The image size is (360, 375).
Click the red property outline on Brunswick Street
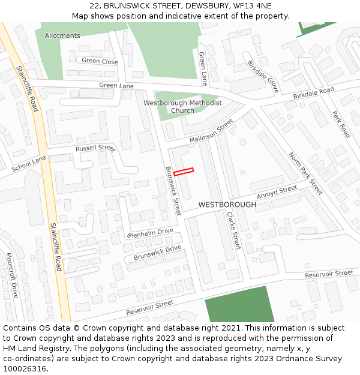tap(184, 172)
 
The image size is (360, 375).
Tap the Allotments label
tap(62, 36)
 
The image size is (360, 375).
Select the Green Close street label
tap(100, 61)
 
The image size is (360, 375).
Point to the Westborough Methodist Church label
tap(182, 107)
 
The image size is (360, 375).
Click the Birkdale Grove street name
tap(263, 76)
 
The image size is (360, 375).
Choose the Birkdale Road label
tap(313, 93)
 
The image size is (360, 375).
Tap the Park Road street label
tap(341, 124)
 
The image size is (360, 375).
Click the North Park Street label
tap(305, 173)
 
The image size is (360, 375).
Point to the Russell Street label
tap(95, 148)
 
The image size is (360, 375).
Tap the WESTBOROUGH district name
tap(227, 205)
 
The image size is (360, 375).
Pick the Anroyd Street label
tap(277, 193)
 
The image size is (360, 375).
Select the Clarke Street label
tap(233, 230)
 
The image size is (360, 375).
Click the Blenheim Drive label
tap(150, 233)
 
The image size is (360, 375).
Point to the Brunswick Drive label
tap(157, 253)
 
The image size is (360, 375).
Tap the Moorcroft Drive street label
tap(12, 275)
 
